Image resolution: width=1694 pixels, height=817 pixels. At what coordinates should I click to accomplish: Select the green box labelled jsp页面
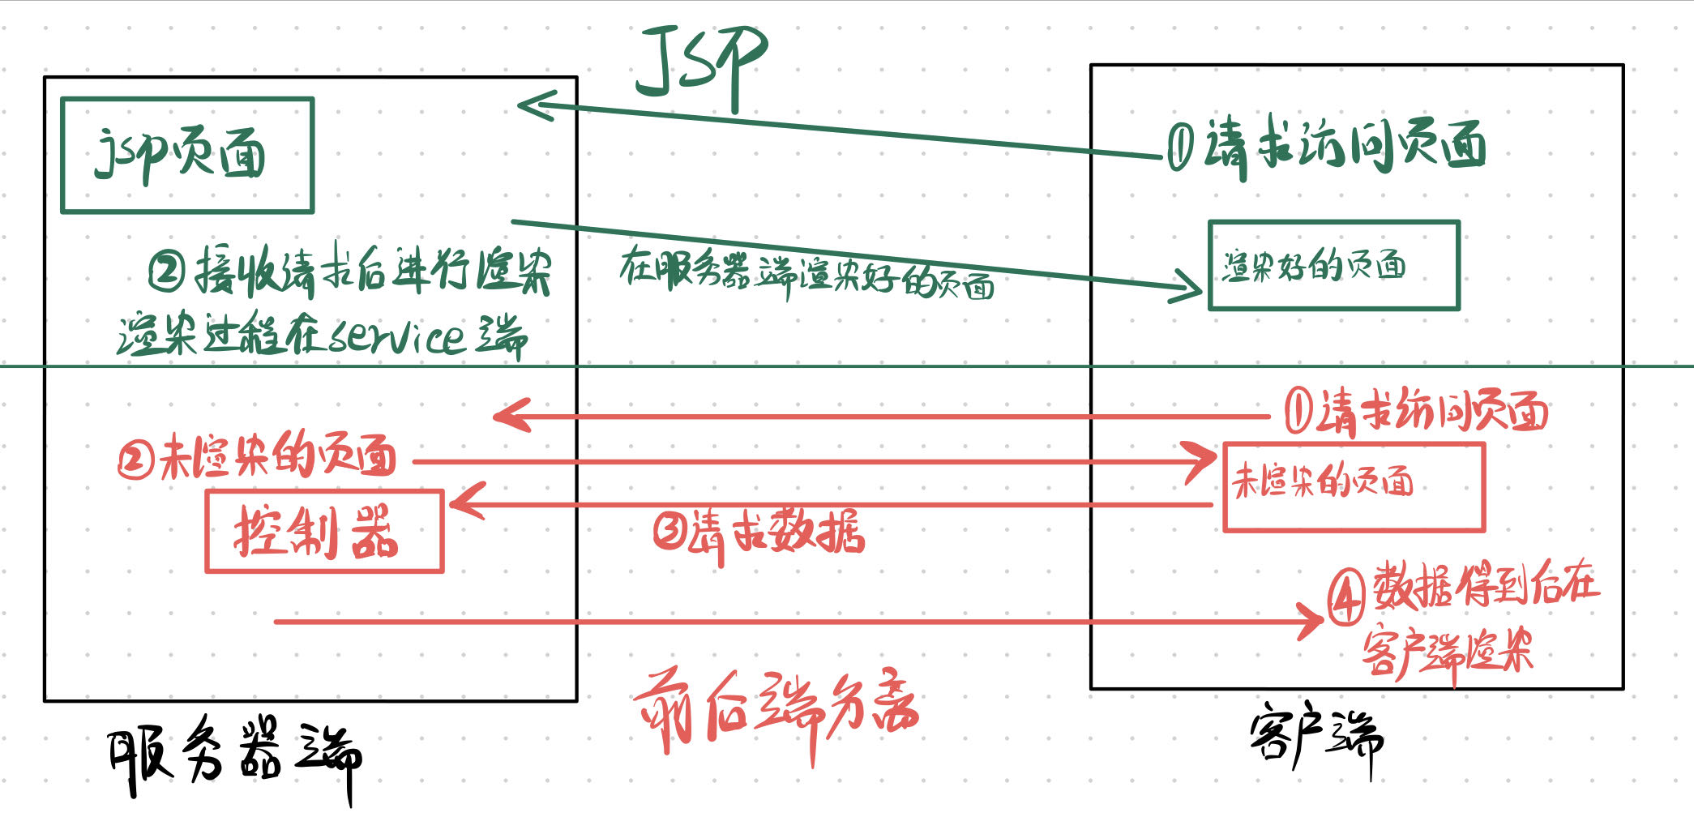click(187, 156)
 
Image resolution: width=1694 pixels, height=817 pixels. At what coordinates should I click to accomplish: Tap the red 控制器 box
click(324, 532)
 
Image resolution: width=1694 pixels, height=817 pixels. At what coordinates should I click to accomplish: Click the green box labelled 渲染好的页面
click(1333, 265)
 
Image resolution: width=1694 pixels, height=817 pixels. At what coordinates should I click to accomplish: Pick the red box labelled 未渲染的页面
click(1353, 486)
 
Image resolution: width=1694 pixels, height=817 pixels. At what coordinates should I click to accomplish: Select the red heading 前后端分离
click(776, 711)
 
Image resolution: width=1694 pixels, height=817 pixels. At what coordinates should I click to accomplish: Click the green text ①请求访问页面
click(1326, 146)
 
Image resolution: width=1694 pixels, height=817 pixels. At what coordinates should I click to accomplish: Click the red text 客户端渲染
click(1448, 651)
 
